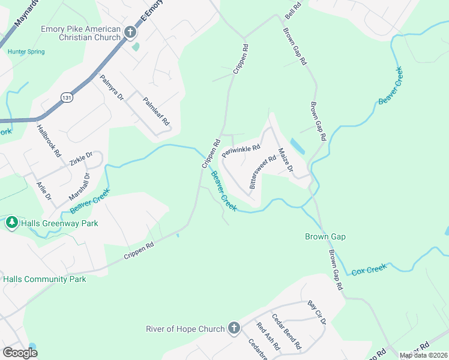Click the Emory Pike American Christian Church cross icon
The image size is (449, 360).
click(x=131, y=31)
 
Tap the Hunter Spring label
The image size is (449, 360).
click(x=26, y=52)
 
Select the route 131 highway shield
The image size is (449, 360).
click(x=67, y=98)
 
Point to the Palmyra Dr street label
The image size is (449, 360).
click(x=111, y=87)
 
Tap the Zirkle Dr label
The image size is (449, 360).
click(x=81, y=159)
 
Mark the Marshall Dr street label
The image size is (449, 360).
click(x=79, y=187)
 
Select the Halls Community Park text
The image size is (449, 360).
click(x=44, y=279)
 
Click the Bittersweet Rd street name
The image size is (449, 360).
click(x=263, y=172)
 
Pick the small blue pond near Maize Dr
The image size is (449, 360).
click(x=297, y=146)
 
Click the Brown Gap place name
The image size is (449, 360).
click(x=325, y=237)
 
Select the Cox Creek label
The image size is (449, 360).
click(x=369, y=269)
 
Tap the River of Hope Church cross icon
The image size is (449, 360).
click(x=234, y=328)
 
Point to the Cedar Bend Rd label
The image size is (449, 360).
click(x=286, y=332)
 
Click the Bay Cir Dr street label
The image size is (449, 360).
click(x=317, y=313)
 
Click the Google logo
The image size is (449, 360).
click(x=20, y=353)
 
